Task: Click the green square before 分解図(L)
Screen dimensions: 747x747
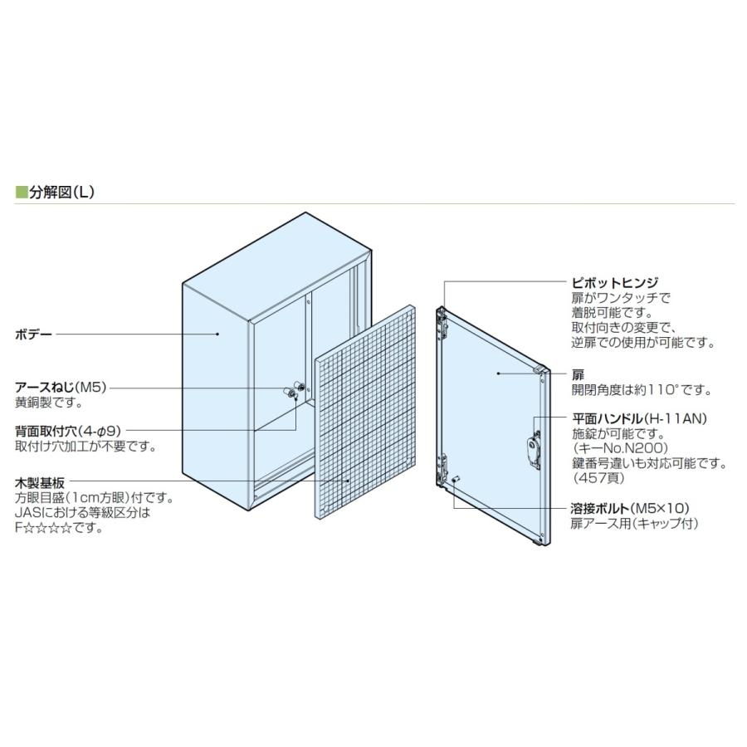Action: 22,193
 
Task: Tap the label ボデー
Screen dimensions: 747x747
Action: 34,334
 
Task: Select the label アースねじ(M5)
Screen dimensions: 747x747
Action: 62,388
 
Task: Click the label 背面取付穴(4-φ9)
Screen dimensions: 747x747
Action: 69,432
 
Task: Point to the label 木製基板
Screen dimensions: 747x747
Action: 41,483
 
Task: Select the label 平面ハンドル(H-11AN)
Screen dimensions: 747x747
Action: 639,418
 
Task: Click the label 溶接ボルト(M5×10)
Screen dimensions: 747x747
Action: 632,507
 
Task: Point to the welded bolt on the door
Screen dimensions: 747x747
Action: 456,479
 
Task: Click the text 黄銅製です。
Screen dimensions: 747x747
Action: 49,403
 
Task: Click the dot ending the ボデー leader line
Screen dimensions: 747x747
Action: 217,334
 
